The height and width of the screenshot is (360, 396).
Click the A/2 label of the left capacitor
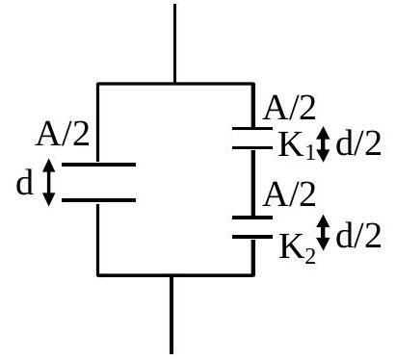coord(62,135)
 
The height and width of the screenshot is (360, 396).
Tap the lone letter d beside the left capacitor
coord(25,183)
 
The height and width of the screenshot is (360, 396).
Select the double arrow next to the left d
coord(48,182)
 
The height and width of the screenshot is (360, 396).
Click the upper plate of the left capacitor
coord(98,165)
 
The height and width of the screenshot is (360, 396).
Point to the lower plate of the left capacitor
coord(98,200)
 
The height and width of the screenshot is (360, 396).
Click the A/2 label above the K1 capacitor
coord(289,109)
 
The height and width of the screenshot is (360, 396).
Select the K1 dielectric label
coord(297,147)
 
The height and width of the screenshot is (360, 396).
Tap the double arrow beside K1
coord(324,144)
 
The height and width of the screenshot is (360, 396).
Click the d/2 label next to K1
coord(358,143)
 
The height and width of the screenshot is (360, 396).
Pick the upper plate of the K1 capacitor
coord(252,128)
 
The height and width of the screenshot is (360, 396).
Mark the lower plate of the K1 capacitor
coord(252,148)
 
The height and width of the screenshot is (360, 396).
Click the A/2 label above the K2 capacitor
coord(289,194)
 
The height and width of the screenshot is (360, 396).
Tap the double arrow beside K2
coord(324,233)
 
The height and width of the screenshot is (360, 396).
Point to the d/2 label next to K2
coord(358,236)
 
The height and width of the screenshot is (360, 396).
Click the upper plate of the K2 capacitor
coord(252,218)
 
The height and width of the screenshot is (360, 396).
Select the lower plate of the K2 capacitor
coord(252,237)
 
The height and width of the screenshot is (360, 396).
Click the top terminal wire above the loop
coord(174,43)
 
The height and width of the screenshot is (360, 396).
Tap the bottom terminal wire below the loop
coord(172,315)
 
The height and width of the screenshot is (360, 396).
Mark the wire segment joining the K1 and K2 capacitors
coord(253,183)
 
